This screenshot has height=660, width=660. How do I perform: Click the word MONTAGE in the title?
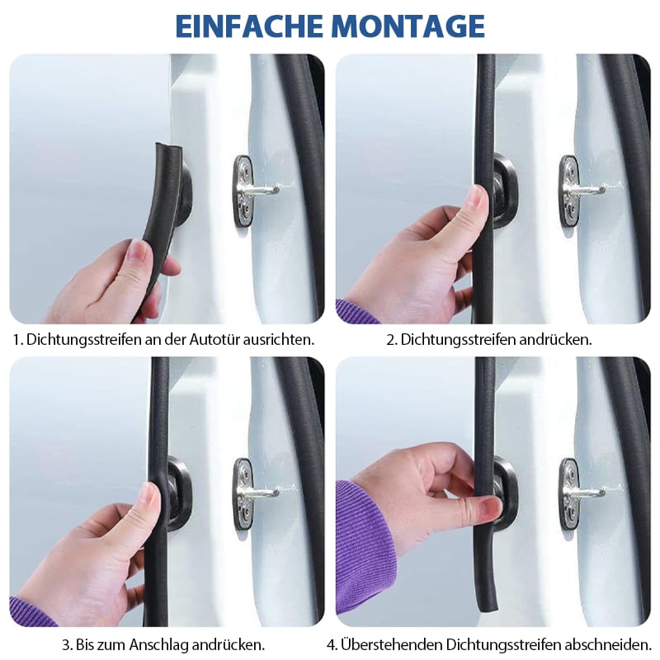click(409, 26)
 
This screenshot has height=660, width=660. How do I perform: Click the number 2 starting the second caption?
click(392, 339)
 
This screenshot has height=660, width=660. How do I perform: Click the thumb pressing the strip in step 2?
click(476, 202)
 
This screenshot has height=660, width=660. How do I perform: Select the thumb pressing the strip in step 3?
click(148, 500)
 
